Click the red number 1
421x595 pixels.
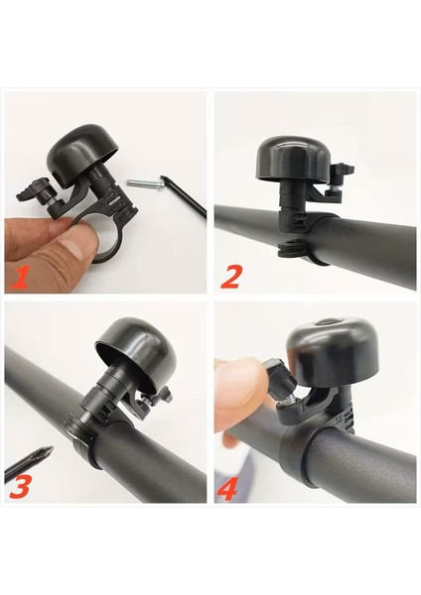tap(21, 277)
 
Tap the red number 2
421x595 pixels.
tap(230, 276)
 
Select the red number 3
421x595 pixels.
tap(20, 486)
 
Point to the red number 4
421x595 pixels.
tap(227, 489)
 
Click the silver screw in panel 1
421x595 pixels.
tap(146, 183)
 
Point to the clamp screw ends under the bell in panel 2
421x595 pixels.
tap(292, 249)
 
